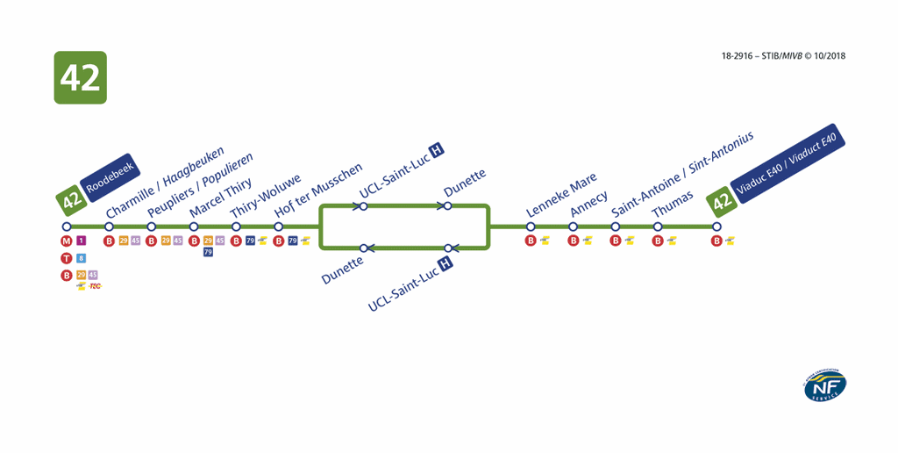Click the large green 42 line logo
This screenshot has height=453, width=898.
80,78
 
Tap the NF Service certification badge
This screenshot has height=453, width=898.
824,386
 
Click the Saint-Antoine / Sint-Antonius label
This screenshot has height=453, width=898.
682,173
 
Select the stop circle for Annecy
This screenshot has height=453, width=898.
573,226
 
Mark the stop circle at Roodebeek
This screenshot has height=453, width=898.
67,226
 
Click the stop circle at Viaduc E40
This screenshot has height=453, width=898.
716,226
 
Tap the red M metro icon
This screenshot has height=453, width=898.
66,241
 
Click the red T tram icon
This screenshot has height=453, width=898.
66,258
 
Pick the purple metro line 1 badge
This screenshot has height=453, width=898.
81,241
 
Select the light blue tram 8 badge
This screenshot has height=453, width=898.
81,258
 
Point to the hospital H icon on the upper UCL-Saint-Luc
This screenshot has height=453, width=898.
435,150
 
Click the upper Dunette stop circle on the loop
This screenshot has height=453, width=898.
447,206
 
